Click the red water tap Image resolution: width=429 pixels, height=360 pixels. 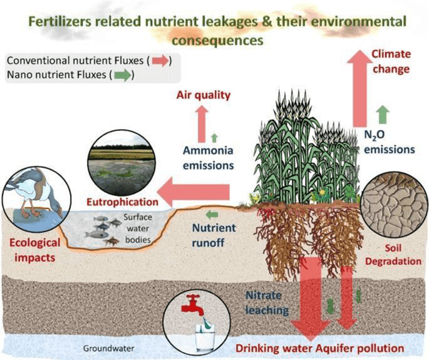coord(194,305)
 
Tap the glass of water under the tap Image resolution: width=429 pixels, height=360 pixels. coord(205,337)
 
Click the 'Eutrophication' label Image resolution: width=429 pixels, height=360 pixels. coord(123,202)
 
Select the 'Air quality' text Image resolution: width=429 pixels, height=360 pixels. coord(204,95)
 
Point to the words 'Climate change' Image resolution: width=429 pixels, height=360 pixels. coord(391,61)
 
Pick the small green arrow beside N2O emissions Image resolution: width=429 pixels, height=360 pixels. coord(383,115)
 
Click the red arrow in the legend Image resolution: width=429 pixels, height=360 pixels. coord(160,61)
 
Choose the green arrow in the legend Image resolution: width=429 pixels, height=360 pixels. coord(123,75)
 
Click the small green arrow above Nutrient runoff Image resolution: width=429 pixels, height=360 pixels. coord(212,215)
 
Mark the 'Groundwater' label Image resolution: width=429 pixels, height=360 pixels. coord(108,348)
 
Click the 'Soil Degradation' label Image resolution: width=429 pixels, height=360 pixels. coord(393,255)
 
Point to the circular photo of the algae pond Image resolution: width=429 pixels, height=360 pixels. coord(121,163)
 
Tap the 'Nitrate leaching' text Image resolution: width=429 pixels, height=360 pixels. coord(267,303)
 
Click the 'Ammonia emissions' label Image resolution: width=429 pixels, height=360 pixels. coord(208,158)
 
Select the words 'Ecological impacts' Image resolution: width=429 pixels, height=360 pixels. coord(34,250)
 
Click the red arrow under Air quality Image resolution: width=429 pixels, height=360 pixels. coord(202,124)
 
